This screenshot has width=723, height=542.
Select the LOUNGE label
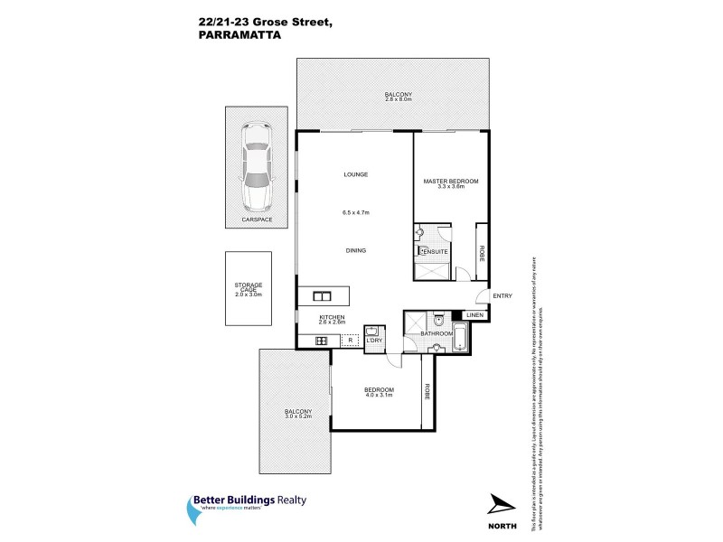click(x=354, y=174)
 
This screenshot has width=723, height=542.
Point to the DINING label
click(x=354, y=250)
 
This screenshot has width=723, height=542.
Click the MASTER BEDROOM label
click(x=451, y=182)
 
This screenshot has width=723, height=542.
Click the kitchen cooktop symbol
click(x=321, y=340)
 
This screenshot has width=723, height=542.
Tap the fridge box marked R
click(x=350, y=340)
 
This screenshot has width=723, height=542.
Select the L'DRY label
click(x=374, y=341)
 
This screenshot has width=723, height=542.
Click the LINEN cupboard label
click(x=474, y=314)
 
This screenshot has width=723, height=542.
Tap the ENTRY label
click(x=502, y=295)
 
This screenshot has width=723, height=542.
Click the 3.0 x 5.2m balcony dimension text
click(x=297, y=416)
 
